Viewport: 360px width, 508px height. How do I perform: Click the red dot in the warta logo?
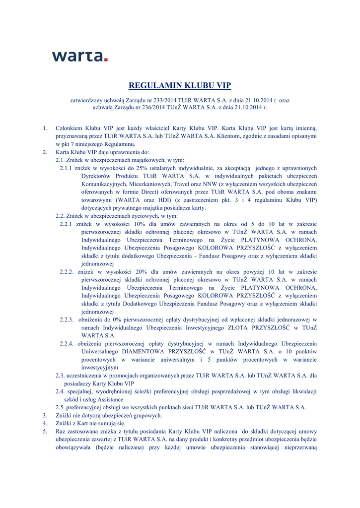(105, 60)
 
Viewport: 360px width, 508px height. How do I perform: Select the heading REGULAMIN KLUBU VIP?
(180, 85)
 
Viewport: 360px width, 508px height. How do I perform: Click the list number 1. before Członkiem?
(45, 128)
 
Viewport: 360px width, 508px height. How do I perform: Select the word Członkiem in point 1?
(71, 128)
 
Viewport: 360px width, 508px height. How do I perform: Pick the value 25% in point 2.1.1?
(133, 168)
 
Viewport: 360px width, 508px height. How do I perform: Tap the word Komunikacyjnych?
(107, 184)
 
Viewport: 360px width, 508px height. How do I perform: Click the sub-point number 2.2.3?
(67, 319)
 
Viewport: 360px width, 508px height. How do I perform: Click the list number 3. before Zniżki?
(45, 415)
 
